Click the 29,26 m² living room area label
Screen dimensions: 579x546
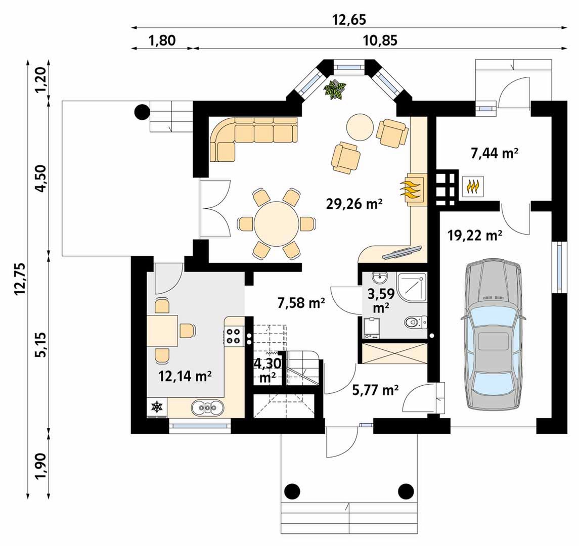click(354, 203)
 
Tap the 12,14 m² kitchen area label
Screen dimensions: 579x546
click(185, 376)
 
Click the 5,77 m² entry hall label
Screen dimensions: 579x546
click(375, 390)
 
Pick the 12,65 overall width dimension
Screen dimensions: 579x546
click(349, 20)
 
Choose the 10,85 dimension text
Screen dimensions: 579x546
click(380, 40)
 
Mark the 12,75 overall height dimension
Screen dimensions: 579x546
click(20, 279)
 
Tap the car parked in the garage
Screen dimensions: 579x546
click(494, 335)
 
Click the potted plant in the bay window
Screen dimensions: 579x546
click(335, 89)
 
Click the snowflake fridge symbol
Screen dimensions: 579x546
click(157, 407)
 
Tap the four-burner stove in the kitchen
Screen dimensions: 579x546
click(234, 336)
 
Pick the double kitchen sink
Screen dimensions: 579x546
click(208, 407)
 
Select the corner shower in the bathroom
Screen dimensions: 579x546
click(412, 287)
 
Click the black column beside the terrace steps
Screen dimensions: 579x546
click(142, 112)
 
